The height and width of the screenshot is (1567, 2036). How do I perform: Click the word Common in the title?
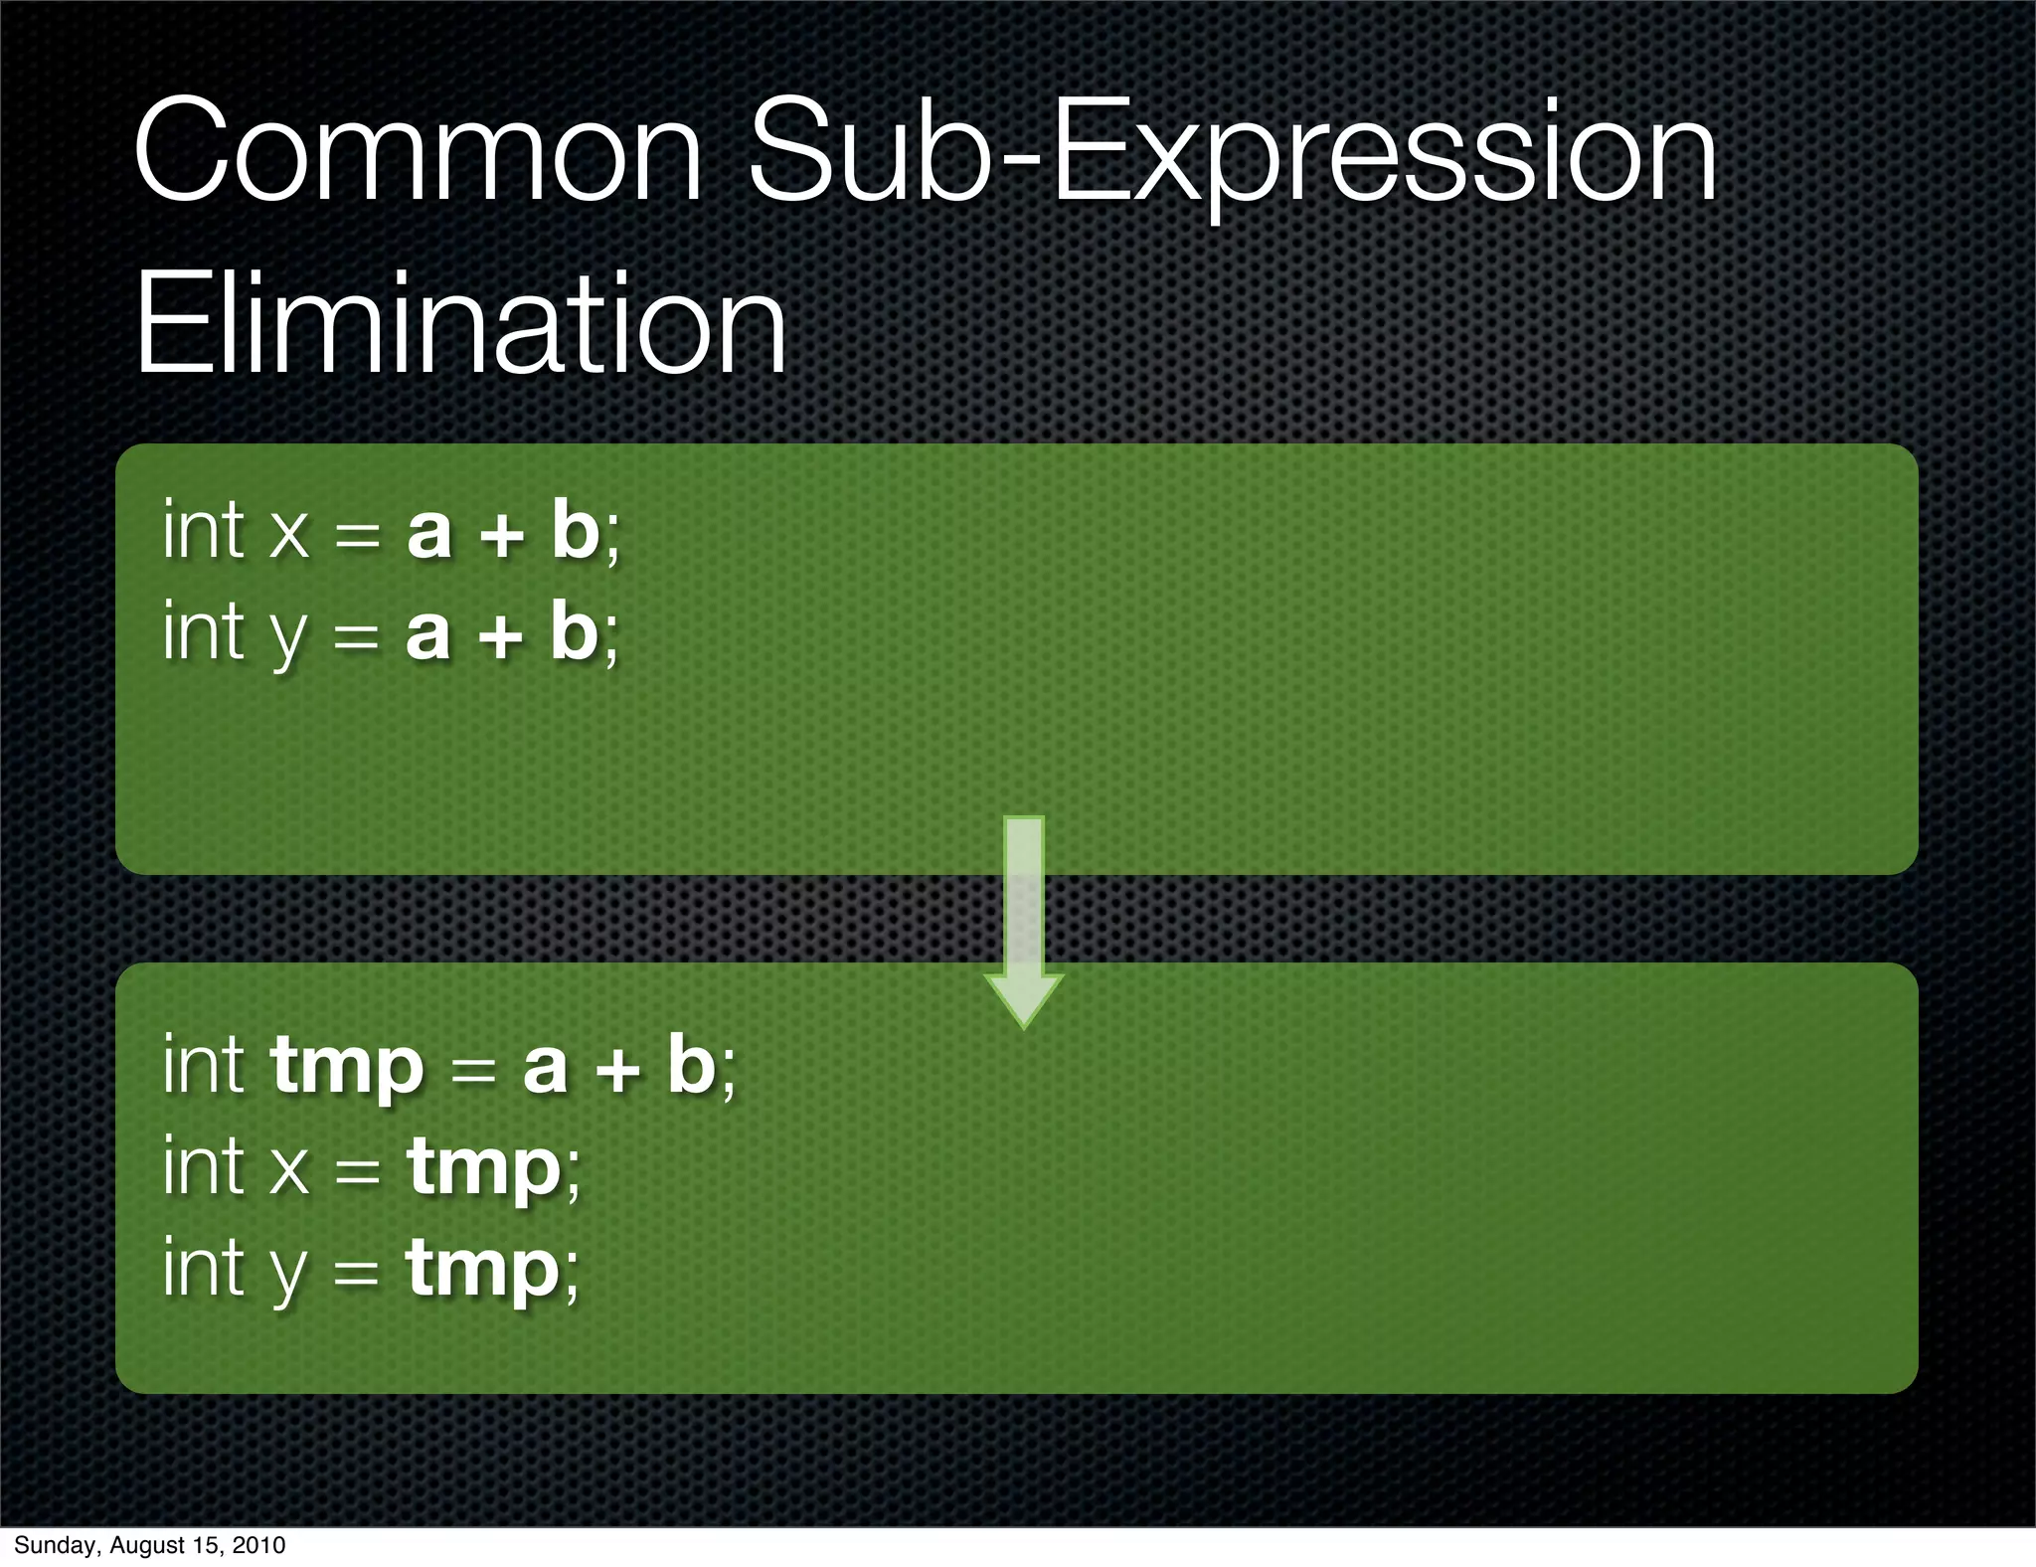[418, 151]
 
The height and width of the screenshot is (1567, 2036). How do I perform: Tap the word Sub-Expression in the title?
[1233, 151]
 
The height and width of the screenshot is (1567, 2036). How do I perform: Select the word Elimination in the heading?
[460, 324]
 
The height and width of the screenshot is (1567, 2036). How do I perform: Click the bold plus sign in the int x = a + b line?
[501, 535]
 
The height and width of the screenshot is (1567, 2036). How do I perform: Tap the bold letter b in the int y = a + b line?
[575, 630]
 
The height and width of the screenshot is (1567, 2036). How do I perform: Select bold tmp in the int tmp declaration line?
[347, 1066]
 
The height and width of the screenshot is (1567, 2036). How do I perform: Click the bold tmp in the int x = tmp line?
[484, 1167]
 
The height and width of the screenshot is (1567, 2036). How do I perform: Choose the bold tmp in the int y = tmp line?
[483, 1271]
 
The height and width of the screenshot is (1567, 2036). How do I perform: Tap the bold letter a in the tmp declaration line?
[546, 1068]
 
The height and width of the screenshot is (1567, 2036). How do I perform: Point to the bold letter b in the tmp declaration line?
[692, 1064]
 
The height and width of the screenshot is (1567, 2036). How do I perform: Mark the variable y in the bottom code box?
[289, 1273]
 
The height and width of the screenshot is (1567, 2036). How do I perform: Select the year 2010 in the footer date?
[259, 1545]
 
